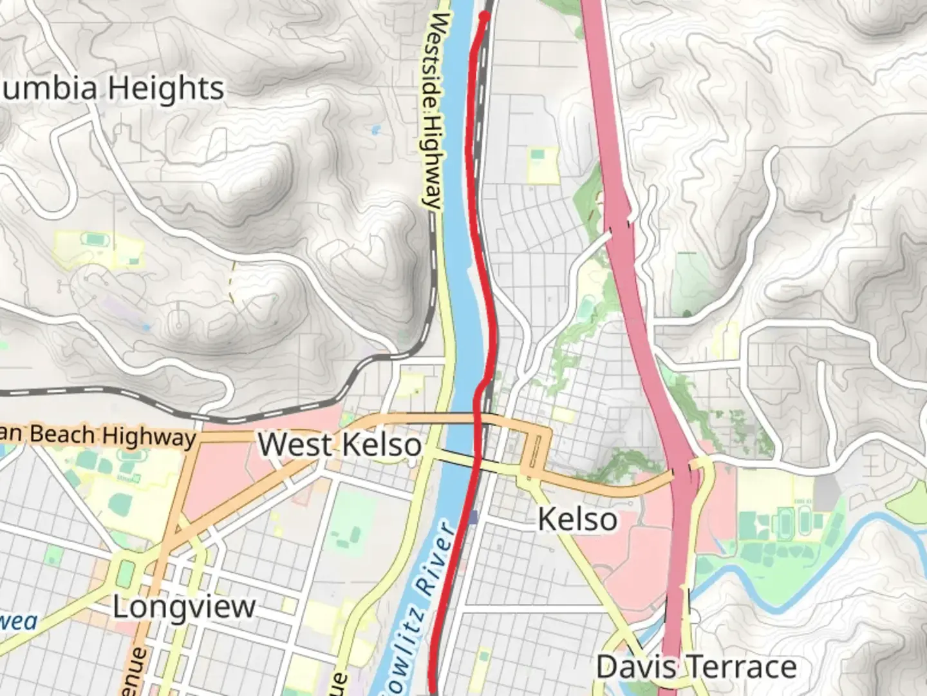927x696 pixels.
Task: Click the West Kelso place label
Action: tap(340, 445)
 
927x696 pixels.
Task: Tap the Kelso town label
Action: tap(577, 519)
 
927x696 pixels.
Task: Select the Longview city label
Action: tap(184, 607)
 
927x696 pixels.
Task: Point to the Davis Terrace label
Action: tap(697, 667)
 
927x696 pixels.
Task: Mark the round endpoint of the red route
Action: tap(485, 15)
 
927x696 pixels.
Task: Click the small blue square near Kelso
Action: tap(474, 517)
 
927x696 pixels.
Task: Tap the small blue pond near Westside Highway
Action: tap(375, 130)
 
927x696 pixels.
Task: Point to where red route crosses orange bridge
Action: tap(478, 420)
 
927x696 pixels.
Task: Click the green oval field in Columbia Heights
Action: tap(95, 240)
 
